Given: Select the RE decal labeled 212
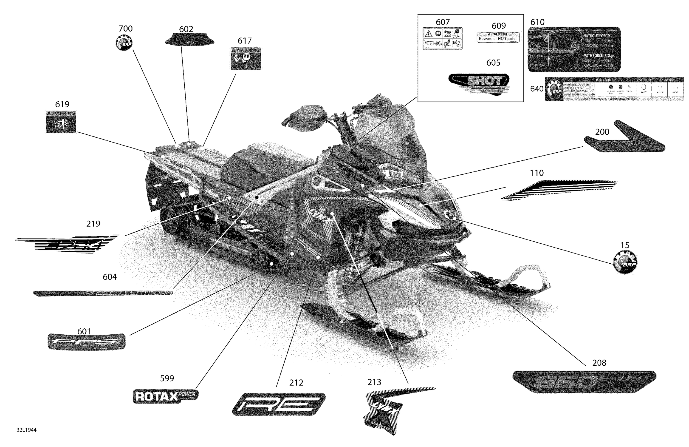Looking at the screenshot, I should (x=279, y=404).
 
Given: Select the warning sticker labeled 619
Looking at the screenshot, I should (x=61, y=122).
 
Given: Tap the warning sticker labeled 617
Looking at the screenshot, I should (x=246, y=59).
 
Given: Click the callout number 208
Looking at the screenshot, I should (x=599, y=363).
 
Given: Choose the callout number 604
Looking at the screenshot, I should (x=110, y=277).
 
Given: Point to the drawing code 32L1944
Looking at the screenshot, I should (x=26, y=430).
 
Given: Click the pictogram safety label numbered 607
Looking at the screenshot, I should (x=442, y=38).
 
